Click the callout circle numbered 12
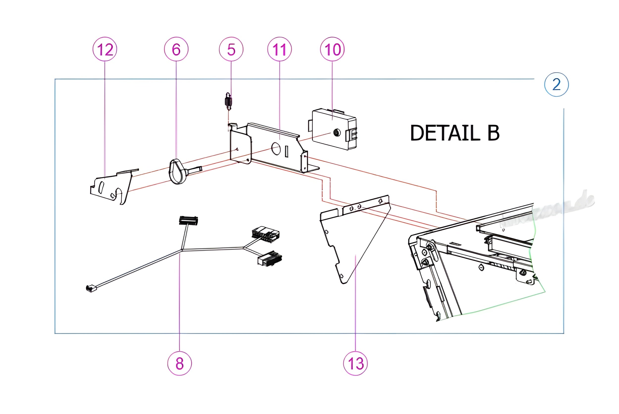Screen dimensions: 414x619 [x=105, y=49]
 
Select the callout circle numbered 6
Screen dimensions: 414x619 [x=176, y=49]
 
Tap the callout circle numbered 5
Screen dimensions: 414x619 [x=231, y=49]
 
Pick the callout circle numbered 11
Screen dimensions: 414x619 [x=279, y=49]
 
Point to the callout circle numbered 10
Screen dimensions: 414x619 [x=332, y=49]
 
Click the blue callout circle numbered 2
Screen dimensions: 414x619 [x=556, y=84]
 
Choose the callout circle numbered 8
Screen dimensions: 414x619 [x=180, y=363]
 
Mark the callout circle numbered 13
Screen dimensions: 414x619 [x=355, y=363]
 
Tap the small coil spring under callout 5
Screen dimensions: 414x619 [x=228, y=101]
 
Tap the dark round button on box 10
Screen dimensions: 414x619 [x=337, y=132]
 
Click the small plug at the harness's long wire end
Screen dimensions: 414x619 [x=91, y=288]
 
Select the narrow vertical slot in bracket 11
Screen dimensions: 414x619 [x=286, y=151]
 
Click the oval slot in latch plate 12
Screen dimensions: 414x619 [x=101, y=187]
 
